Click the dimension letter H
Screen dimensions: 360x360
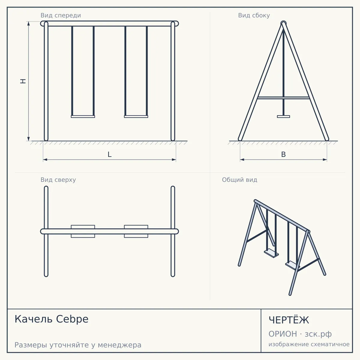(23, 81)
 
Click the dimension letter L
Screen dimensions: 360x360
(110, 154)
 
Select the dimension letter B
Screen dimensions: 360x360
(283, 154)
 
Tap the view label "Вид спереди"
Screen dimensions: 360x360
(61, 15)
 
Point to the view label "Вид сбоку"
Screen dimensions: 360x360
(254, 15)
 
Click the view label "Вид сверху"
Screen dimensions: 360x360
(58, 180)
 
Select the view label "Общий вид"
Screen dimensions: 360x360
(239, 180)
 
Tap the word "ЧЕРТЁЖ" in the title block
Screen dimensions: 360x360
(289, 320)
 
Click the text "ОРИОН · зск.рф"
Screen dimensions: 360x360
(300, 334)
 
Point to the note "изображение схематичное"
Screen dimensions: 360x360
(309, 344)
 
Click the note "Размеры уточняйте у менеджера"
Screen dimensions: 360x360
(78, 345)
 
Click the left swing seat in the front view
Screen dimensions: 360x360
(83, 117)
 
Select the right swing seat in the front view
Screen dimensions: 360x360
(136, 117)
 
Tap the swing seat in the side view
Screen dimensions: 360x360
(283, 117)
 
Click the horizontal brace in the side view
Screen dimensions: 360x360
(283, 98)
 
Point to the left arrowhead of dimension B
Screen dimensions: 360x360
(242, 160)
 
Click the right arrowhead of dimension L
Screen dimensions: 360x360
(174, 160)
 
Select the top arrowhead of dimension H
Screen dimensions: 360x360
(28, 23)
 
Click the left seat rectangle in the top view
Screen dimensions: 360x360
(83, 231)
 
